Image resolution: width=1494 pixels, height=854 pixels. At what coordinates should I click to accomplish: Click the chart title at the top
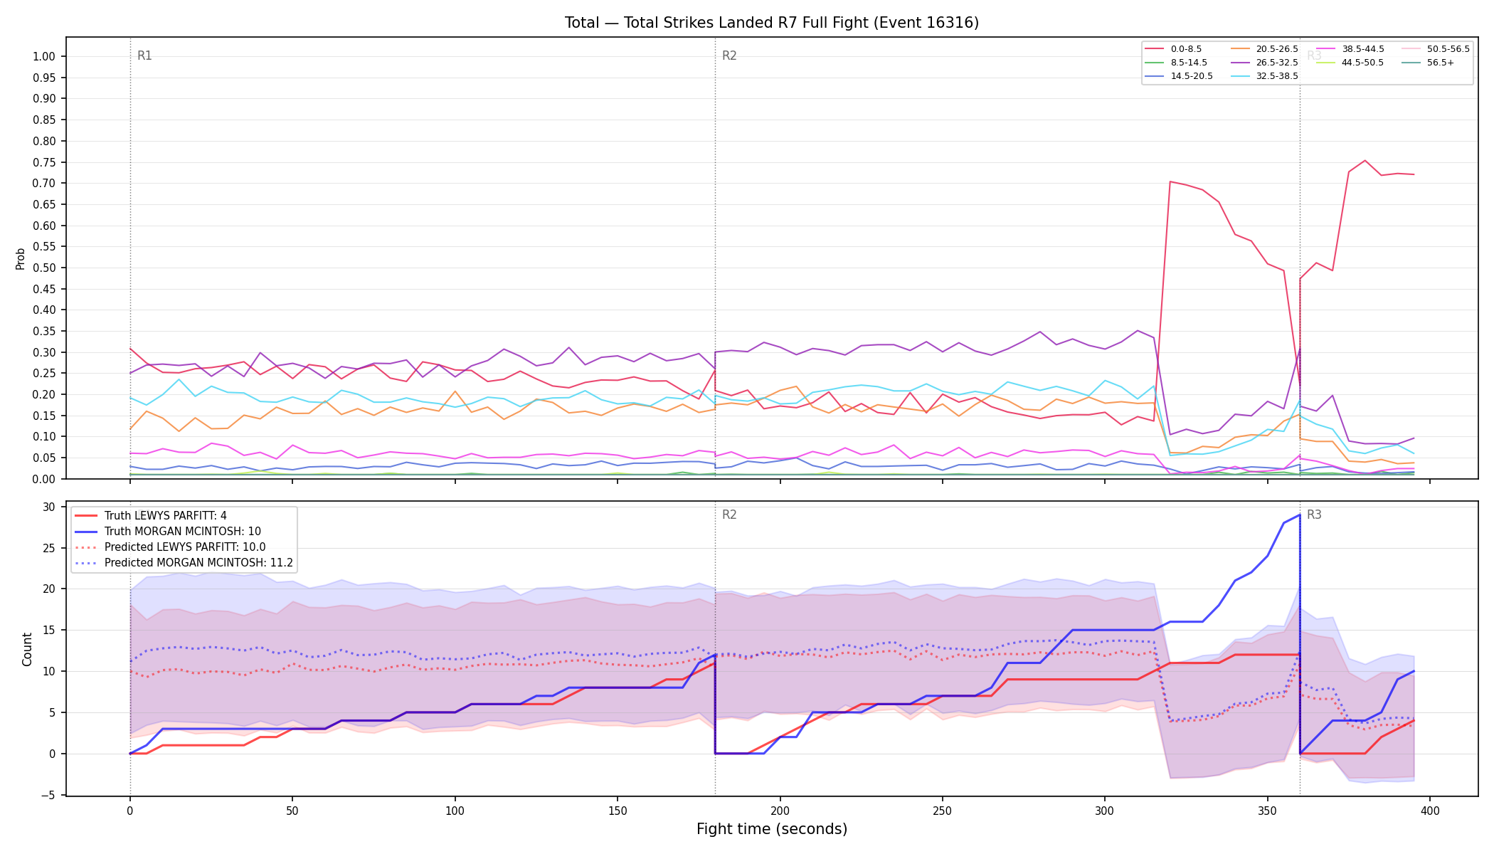772,23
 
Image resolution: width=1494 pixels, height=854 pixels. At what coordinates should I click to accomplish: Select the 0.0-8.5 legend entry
1173,49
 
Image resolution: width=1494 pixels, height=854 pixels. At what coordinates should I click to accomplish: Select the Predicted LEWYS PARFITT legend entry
170,547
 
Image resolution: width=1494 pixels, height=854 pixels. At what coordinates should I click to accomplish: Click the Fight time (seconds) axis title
772,829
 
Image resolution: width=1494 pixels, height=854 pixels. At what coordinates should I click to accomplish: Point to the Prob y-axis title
21,258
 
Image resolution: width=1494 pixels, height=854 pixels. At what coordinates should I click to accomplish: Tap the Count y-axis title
28,649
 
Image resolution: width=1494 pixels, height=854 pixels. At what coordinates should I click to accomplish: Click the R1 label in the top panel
144,56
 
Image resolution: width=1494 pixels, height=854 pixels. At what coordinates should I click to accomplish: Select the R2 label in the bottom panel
729,515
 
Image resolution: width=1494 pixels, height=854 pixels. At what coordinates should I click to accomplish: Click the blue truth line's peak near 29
1300,515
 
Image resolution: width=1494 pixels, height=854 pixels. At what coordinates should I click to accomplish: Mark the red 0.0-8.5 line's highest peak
1365,160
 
